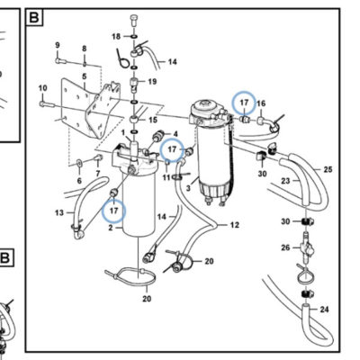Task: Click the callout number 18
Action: tap(116, 37)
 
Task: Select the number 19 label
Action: tap(152, 81)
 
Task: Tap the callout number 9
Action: tap(58, 45)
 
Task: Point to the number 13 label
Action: tap(59, 212)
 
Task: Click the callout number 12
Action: tap(235, 225)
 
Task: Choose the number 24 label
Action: tap(324, 310)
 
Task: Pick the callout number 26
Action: tap(285, 247)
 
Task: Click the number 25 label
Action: tap(328, 169)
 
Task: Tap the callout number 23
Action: tap(285, 181)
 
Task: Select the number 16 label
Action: tap(261, 103)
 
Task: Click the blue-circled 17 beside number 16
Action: tap(244, 103)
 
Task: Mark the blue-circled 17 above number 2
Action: tap(113, 211)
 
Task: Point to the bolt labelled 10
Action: tap(47, 104)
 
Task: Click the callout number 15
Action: tap(153, 120)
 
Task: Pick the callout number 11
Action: tap(166, 177)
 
